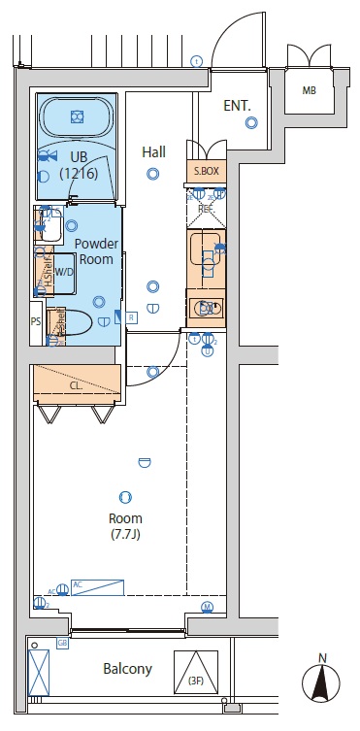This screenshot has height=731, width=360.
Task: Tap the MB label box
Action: tap(310, 92)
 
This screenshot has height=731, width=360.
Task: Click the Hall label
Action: tap(153, 152)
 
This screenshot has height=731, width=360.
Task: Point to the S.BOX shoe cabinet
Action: tap(205, 171)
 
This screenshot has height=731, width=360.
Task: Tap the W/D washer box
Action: tap(63, 273)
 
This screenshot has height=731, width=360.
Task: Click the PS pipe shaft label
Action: tap(36, 320)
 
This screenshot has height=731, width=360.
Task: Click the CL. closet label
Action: tap(76, 383)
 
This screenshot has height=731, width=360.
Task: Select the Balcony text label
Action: tap(127, 669)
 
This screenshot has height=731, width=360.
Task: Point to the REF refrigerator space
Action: tap(205, 207)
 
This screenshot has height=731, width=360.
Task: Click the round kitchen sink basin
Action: tap(205, 309)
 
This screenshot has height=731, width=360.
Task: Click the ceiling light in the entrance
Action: tap(251, 122)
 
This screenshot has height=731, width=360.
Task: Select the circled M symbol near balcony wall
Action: tap(208, 608)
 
